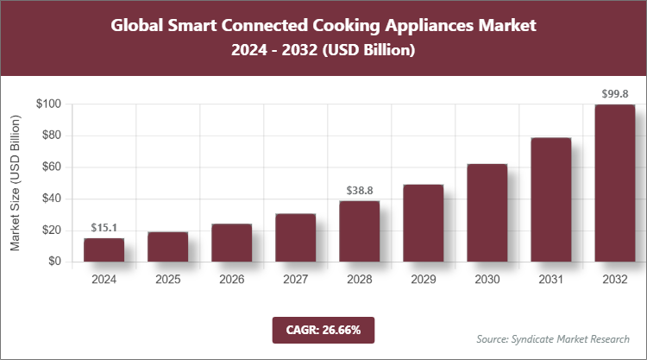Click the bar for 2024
(104, 249)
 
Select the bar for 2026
(231, 243)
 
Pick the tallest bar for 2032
(614, 183)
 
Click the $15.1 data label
(104, 228)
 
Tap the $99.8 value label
(614, 93)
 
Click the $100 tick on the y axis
(48, 104)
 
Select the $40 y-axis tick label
(51, 199)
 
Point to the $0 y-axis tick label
(54, 262)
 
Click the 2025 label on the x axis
(167, 279)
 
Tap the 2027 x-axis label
(295, 279)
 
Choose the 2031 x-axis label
(550, 279)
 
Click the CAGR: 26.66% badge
(323, 329)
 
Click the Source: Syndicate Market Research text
(552, 338)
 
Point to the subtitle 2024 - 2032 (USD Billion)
(323, 51)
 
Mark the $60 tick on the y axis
(51, 167)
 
